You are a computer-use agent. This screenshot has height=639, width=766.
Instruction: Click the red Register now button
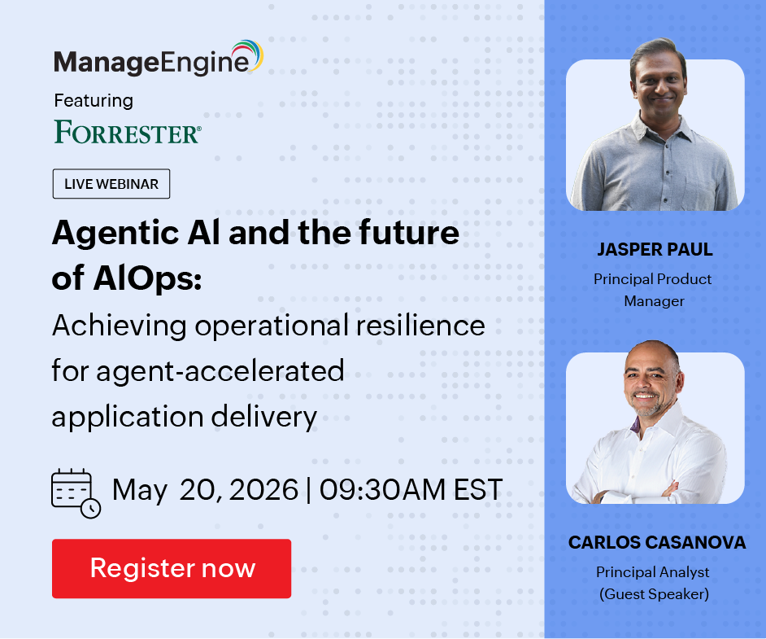click(172, 569)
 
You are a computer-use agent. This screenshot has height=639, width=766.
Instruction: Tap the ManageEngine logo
click(159, 58)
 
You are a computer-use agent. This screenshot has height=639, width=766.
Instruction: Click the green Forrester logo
click(128, 132)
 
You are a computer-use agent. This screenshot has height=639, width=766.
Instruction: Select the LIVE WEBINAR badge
click(111, 184)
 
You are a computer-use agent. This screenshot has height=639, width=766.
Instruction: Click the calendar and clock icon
click(76, 493)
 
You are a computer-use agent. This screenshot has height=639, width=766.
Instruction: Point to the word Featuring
click(94, 101)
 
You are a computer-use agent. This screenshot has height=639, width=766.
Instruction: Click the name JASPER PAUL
click(655, 249)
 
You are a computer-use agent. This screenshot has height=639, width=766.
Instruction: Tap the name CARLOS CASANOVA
click(656, 542)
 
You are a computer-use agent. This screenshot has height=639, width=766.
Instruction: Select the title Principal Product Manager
click(653, 290)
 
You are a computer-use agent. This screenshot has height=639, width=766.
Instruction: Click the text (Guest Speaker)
click(654, 594)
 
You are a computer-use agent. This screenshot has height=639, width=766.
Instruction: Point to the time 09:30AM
click(382, 489)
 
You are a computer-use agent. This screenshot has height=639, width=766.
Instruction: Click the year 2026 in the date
click(263, 489)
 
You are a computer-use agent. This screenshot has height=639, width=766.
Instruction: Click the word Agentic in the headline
click(116, 234)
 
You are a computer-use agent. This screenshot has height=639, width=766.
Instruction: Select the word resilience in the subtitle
click(420, 325)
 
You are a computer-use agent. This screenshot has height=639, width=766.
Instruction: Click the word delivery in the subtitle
click(264, 418)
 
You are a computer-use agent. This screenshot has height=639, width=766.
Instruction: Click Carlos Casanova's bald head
click(651, 353)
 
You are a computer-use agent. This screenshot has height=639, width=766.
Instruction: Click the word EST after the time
click(478, 489)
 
